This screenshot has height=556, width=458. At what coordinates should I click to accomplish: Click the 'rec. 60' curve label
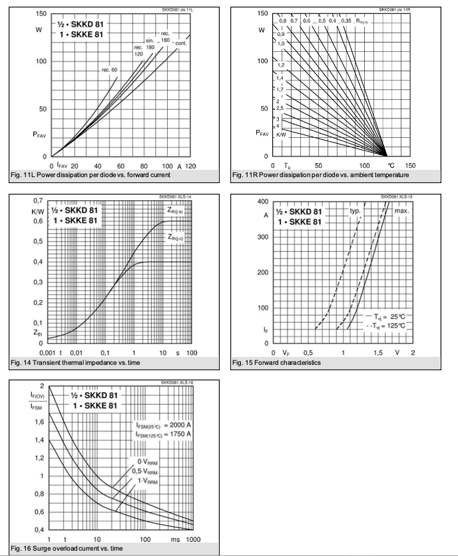(x=110, y=70)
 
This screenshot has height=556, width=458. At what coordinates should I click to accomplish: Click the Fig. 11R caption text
(x=321, y=175)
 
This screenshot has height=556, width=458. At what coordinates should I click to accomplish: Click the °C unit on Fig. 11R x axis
(x=390, y=165)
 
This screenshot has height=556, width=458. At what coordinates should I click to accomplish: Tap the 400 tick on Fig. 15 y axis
(x=262, y=202)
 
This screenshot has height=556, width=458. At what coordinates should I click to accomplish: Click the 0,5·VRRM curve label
(x=146, y=471)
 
